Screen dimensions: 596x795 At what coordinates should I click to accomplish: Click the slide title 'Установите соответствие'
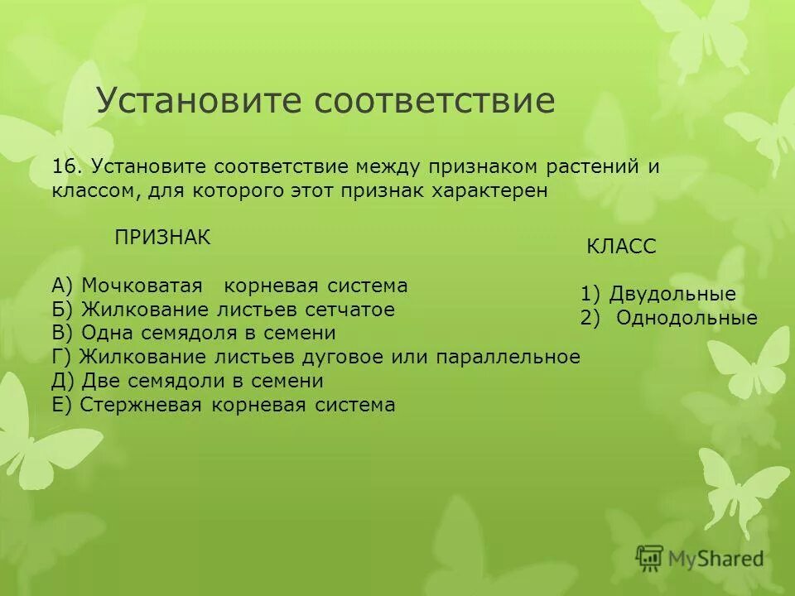point(325,101)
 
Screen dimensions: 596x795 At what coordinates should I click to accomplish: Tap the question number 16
point(67,166)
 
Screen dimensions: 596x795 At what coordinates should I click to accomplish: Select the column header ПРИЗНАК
point(162,238)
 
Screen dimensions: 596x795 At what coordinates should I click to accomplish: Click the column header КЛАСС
point(621,247)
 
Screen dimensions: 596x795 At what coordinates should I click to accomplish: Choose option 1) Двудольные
point(658,294)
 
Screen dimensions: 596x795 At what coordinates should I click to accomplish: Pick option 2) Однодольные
point(669,318)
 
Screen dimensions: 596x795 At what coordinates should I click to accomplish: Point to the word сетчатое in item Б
point(348,310)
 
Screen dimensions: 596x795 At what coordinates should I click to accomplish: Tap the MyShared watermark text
point(717,560)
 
